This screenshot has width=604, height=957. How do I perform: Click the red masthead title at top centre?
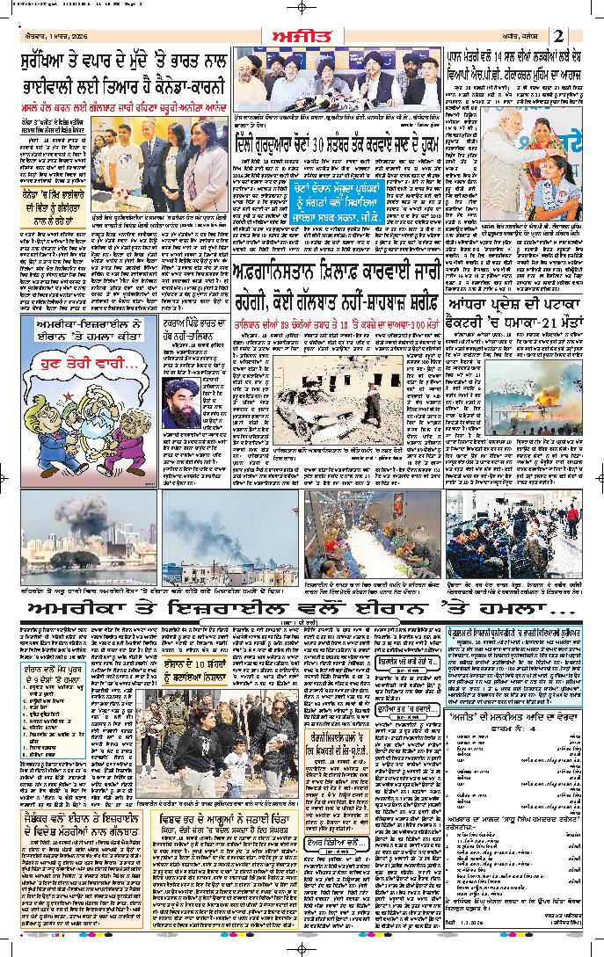(x=302, y=33)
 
